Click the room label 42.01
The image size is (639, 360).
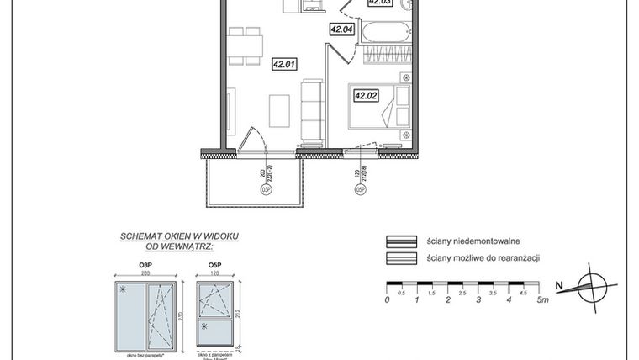coord(283,61)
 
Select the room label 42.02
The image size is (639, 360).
coord(366,96)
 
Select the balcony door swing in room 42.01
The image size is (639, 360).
coord(252,139)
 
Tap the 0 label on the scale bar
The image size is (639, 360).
coord(387,299)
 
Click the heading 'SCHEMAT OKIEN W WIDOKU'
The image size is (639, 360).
coord(179,238)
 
